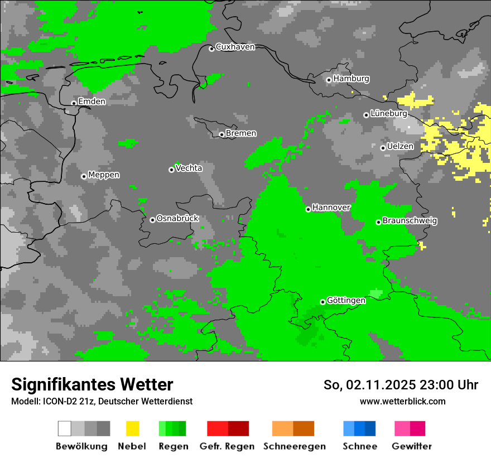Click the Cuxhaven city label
[x=235, y=47]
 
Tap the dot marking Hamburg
[x=329, y=80]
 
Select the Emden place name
[x=92, y=102]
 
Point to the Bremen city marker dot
[x=222, y=134]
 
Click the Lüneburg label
[x=389, y=113]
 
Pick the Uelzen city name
[x=400, y=146]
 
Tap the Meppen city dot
[x=84, y=176]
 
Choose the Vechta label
[x=189, y=168]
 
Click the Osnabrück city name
[x=177, y=218]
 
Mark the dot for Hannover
[x=308, y=209]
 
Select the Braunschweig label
[x=410, y=220]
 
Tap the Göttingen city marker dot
[x=322, y=302]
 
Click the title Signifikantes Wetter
[x=92, y=384]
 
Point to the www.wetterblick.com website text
[x=402, y=401]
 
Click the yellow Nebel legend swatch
[x=132, y=428]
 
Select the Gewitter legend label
[x=411, y=446]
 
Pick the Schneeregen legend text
[x=295, y=446]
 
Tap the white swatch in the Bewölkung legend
[x=65, y=428]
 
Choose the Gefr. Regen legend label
[x=227, y=446]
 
